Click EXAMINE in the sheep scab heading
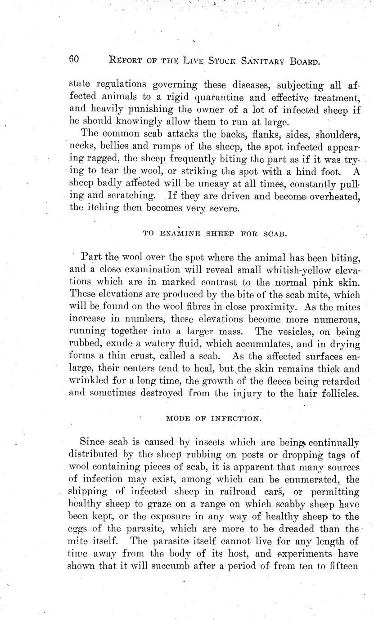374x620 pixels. point(178,233)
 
